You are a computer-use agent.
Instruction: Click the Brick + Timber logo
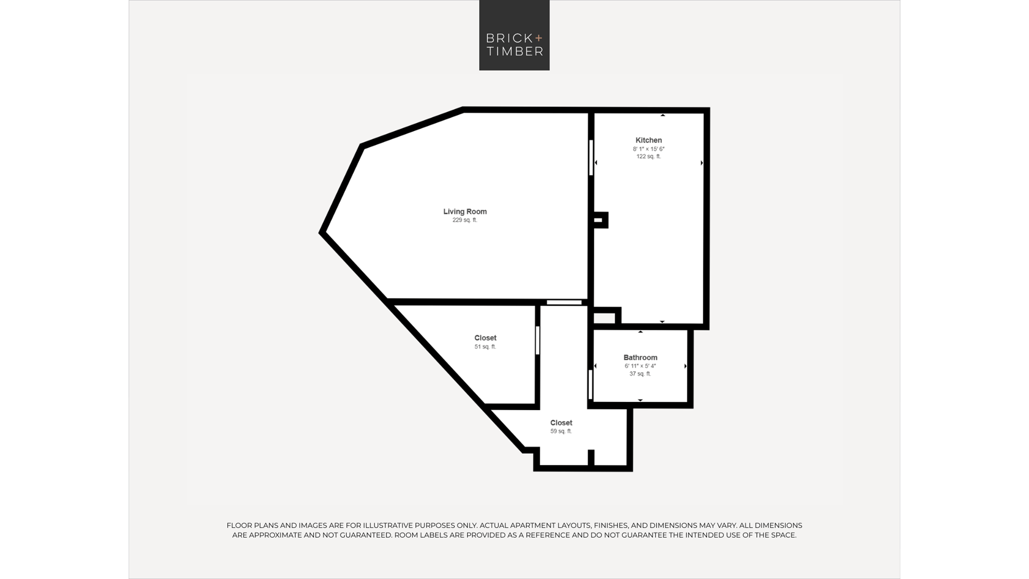coord(514,35)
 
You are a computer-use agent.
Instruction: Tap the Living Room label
coord(465,212)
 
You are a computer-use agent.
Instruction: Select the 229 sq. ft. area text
coord(465,220)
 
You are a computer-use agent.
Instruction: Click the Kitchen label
coord(648,140)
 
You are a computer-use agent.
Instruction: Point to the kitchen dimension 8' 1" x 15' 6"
coord(648,149)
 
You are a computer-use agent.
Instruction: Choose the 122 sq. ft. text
coord(648,156)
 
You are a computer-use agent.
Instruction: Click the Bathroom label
coord(640,357)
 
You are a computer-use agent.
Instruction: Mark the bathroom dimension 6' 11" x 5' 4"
coord(640,366)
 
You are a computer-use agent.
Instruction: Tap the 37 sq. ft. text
coord(640,374)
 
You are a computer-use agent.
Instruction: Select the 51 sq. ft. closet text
coord(485,347)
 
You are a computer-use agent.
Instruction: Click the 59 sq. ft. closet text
coord(561,431)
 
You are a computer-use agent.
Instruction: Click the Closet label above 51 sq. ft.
coord(485,338)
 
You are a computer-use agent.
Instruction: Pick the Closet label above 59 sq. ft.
coord(561,423)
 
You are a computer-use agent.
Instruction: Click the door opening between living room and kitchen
coord(591,157)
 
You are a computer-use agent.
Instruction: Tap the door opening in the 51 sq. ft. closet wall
coord(537,340)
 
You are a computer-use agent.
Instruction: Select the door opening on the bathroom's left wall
coord(591,384)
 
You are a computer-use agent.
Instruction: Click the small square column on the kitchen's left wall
coord(600,220)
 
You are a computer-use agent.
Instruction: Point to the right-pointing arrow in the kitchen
coord(702,163)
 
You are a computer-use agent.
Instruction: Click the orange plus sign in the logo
coord(539,38)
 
